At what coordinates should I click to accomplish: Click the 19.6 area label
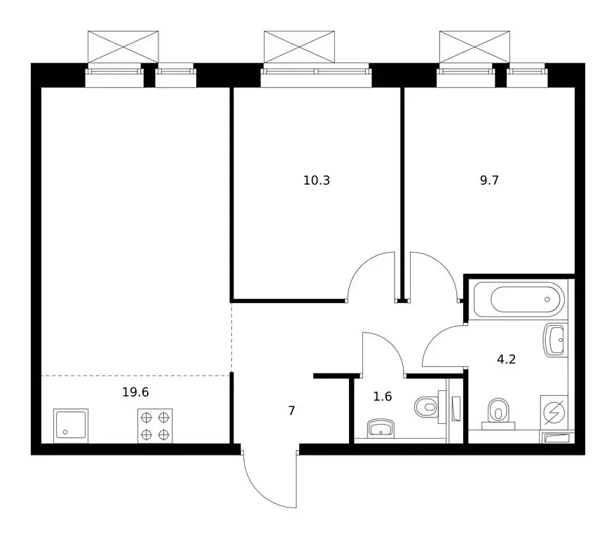[135, 392]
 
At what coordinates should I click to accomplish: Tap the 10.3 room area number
[317, 180]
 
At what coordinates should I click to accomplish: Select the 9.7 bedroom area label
[489, 180]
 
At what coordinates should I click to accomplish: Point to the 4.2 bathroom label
[506, 359]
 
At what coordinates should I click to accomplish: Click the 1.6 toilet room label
[383, 397]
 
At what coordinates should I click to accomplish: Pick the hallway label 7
[292, 411]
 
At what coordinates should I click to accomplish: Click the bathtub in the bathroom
[519, 300]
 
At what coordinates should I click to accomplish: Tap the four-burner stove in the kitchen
[155, 426]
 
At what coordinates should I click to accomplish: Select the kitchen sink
[71, 426]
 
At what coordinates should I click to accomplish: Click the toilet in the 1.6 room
[430, 407]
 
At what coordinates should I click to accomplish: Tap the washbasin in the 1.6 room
[381, 428]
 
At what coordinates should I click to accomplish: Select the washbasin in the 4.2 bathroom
[556, 340]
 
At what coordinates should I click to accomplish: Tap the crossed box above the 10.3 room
[299, 47]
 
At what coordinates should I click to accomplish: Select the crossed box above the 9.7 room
[474, 47]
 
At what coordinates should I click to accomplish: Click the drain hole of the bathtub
[547, 300]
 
